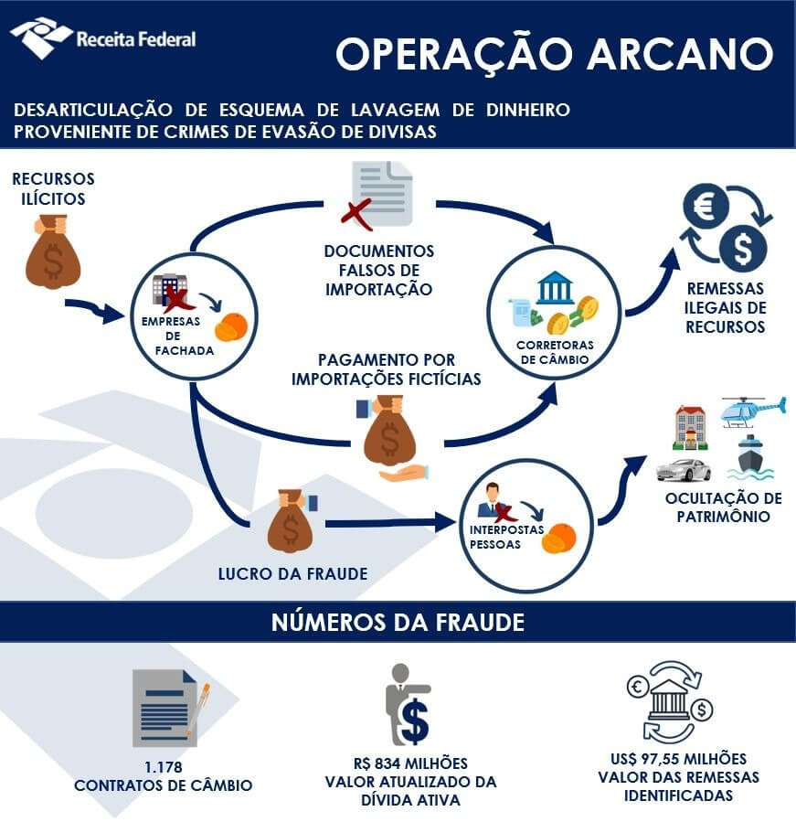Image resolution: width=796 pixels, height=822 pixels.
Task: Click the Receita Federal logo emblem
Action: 41,37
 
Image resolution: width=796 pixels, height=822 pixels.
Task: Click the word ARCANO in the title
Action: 680,54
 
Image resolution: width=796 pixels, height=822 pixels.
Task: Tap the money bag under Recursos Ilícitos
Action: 53,252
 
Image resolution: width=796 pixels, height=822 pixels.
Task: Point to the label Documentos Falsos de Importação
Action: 379,270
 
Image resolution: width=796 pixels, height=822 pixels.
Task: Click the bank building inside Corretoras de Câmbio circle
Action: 555,287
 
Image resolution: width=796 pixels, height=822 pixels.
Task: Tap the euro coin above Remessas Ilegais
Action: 706,206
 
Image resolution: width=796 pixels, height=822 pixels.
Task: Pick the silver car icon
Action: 684,470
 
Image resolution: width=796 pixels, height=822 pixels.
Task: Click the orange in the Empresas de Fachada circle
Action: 231,327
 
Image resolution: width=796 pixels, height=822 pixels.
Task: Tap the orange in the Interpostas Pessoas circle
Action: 558,539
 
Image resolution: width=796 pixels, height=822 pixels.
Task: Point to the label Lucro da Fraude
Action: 293,573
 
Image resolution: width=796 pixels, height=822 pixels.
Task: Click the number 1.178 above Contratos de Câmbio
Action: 163,767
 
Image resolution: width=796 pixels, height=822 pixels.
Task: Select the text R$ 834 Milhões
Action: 410,763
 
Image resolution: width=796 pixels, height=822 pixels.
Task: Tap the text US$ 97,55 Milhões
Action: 679,759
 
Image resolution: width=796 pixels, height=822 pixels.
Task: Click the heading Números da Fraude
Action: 398,623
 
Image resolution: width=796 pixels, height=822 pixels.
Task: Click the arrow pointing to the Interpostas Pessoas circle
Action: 390,523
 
